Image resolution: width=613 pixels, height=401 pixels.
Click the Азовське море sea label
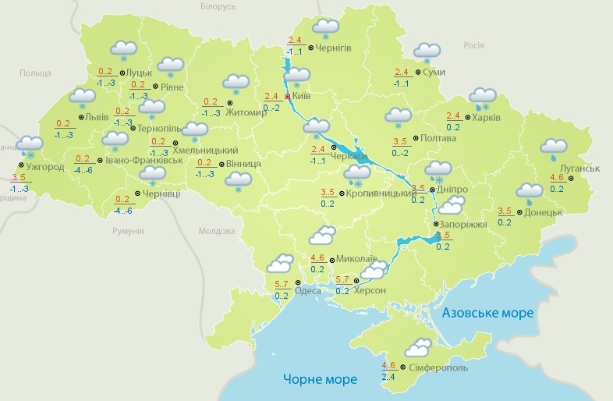487,313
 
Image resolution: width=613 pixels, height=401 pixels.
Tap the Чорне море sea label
320,380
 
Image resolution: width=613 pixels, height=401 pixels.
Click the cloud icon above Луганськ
554,147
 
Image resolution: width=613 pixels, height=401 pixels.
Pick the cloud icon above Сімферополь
418,347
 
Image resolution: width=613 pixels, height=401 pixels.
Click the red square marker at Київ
288,97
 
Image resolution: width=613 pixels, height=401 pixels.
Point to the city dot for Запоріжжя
435,225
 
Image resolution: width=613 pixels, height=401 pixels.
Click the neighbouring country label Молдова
216,232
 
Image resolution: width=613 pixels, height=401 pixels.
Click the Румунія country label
128,232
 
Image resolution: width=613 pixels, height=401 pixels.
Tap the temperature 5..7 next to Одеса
282,284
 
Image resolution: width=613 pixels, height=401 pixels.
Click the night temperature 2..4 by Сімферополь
388,377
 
